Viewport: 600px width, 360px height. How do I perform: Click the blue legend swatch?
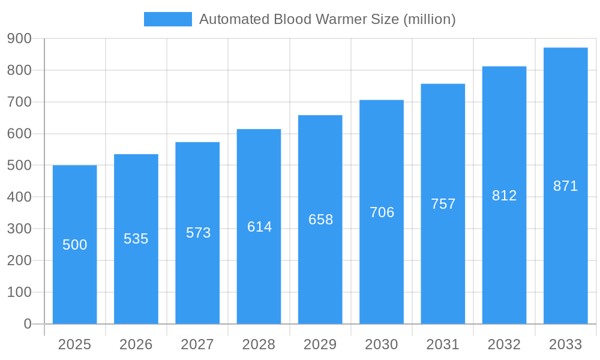pos(168,19)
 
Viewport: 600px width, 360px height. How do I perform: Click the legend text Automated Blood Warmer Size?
pos(328,19)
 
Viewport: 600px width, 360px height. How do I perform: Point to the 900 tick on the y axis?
pos(19,38)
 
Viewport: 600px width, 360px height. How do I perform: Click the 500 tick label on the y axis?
pos(19,165)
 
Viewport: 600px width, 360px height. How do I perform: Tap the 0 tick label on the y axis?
pos(27,324)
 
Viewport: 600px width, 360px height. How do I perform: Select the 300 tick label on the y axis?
pos(19,229)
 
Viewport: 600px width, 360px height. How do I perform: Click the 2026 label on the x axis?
pos(136,344)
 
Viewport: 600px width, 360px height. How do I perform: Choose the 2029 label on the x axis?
pos(320,344)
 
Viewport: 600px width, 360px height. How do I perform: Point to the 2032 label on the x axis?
pos(504,344)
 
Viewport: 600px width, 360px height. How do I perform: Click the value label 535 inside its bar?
pos(136,239)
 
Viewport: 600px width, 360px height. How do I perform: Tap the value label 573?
pos(198,233)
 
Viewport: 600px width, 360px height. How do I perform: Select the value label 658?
pos(320,220)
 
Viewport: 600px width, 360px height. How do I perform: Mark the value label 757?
pos(443,204)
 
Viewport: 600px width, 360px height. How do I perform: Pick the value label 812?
pos(504,196)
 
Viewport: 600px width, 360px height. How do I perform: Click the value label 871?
pos(565,186)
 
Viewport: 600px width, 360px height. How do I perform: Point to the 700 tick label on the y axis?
pos(19,102)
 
